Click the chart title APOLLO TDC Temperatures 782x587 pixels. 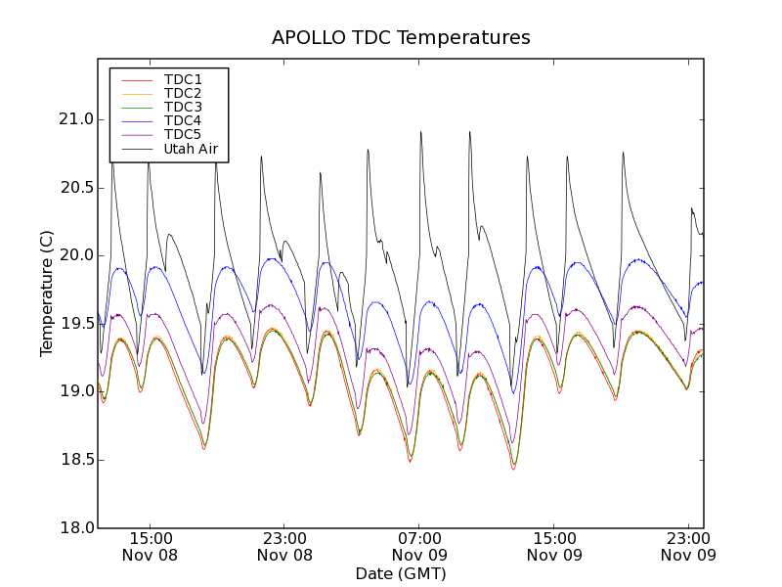[x=401, y=38]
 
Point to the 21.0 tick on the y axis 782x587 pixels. [x=75, y=119]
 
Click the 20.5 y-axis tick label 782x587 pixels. [x=75, y=188]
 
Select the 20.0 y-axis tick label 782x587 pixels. [x=75, y=255]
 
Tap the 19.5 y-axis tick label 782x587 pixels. [x=75, y=324]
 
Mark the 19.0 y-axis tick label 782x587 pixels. [x=75, y=391]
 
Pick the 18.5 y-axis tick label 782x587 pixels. [x=75, y=460]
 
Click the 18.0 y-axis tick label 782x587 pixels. [x=75, y=527]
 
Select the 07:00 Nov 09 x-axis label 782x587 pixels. [x=419, y=546]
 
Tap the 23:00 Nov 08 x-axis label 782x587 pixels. [x=284, y=546]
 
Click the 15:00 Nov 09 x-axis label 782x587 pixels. [x=554, y=546]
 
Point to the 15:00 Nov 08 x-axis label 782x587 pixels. [x=150, y=546]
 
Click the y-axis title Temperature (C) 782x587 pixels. [x=47, y=293]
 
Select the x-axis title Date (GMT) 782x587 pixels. [x=401, y=573]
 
